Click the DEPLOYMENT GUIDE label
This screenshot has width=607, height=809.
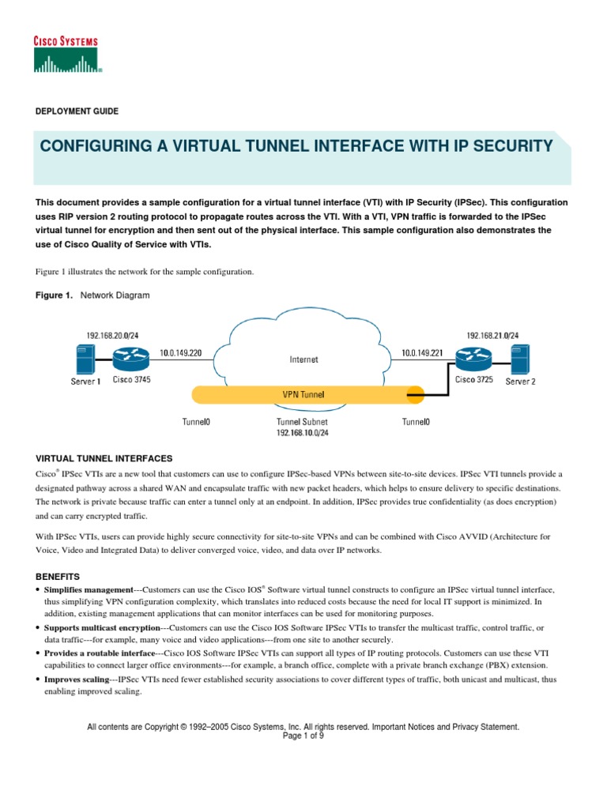click(77, 112)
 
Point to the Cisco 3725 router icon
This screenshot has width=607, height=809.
click(473, 361)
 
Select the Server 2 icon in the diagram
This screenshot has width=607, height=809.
click(519, 360)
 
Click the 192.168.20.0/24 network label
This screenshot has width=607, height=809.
click(105, 334)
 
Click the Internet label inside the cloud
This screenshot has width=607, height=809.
click(303, 359)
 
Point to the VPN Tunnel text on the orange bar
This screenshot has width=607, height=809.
click(303, 393)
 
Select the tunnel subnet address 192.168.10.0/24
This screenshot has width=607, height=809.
click(303, 433)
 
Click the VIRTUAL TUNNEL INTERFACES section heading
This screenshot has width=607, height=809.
click(105, 458)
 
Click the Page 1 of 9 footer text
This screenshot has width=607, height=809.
click(303, 734)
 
